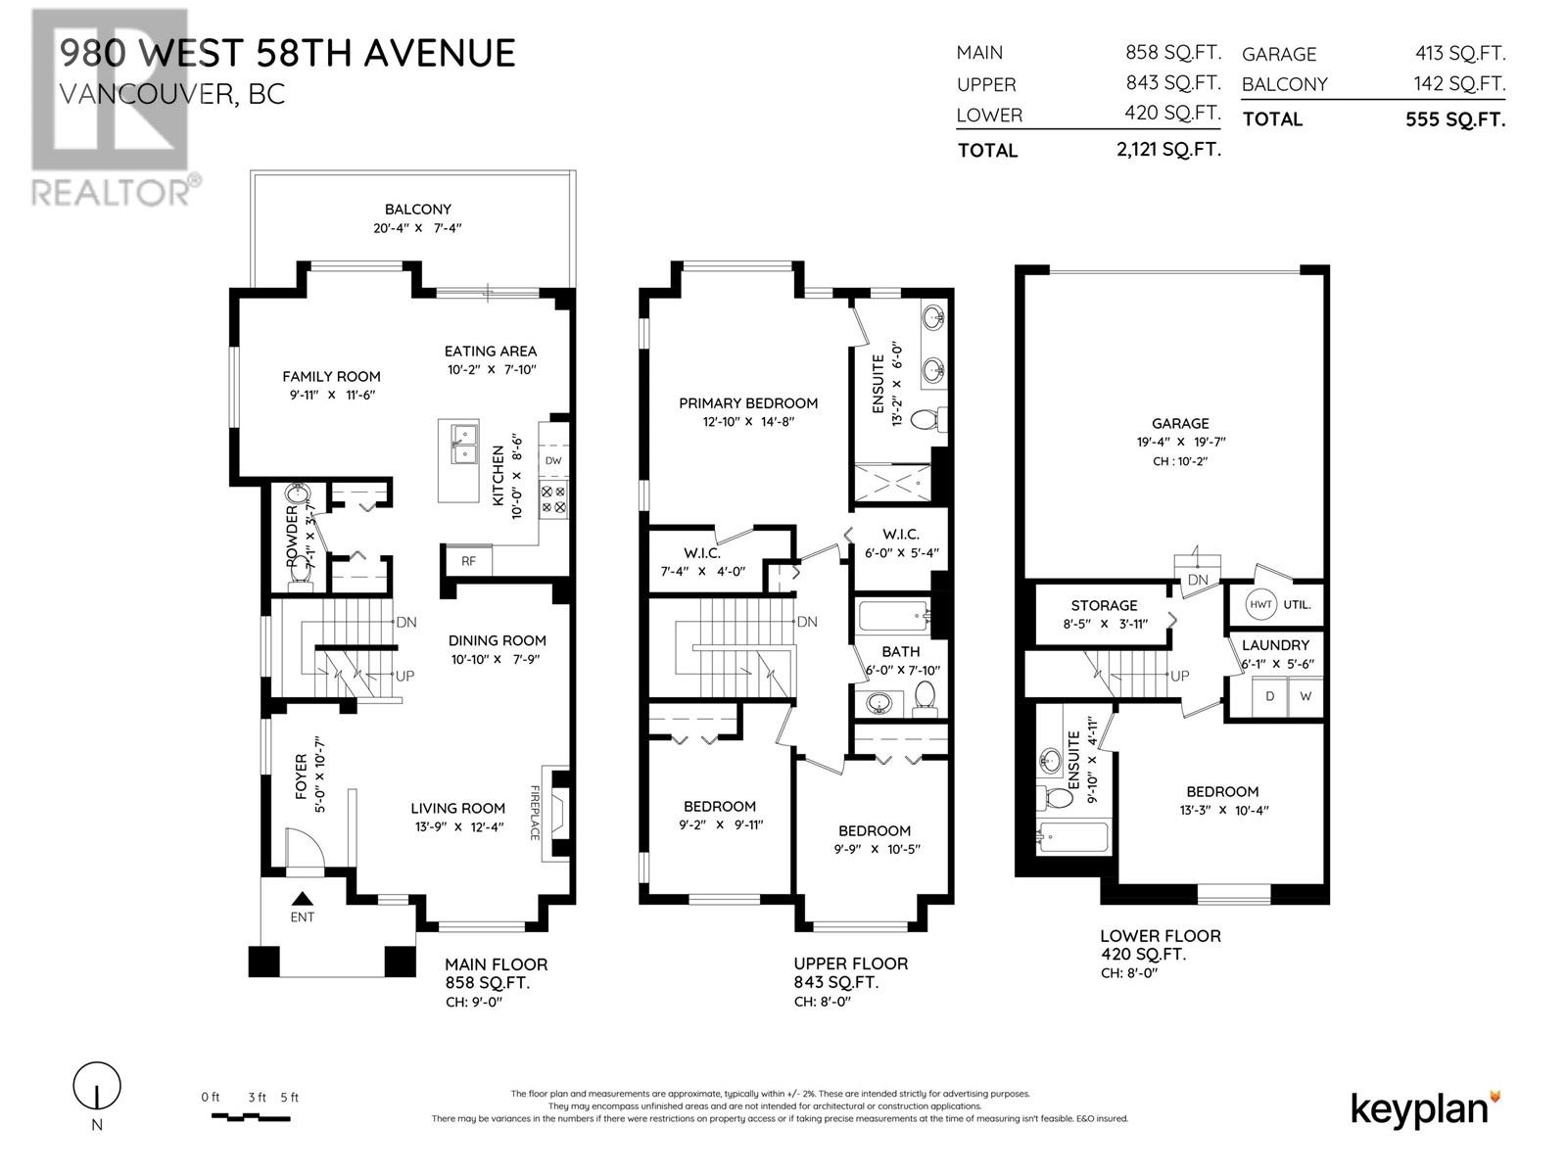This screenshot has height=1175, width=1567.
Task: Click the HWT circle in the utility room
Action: tap(1260, 604)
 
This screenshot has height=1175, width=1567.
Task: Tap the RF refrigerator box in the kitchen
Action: tap(468, 561)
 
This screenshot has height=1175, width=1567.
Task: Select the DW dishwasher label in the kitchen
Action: tap(553, 460)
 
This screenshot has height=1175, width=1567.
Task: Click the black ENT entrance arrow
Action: tap(303, 897)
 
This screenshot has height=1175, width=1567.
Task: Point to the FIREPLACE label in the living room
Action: tap(536, 812)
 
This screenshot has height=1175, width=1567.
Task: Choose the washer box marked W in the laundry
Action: tap(1305, 696)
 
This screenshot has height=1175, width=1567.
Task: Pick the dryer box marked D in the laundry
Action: tap(1269, 696)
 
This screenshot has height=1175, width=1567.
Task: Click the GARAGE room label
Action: tap(1179, 423)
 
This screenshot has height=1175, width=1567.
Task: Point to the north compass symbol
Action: tap(97, 1086)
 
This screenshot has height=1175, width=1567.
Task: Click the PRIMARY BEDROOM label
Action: tap(748, 402)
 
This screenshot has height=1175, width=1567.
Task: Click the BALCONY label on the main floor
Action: tap(417, 209)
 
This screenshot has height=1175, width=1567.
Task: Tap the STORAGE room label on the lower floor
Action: tap(1104, 605)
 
